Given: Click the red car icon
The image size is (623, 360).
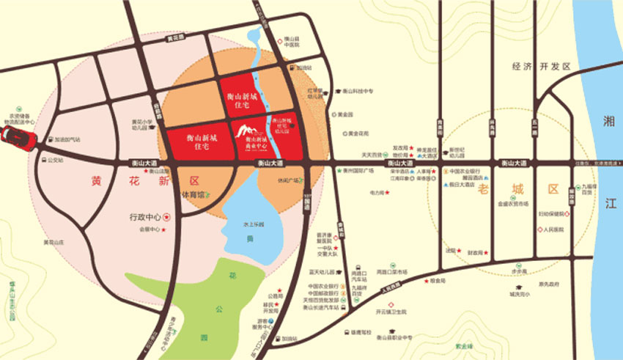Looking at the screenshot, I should point(15,137).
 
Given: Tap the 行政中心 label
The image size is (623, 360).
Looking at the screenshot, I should point(144,217).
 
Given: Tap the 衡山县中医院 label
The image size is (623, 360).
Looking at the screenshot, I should point(292,41).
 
